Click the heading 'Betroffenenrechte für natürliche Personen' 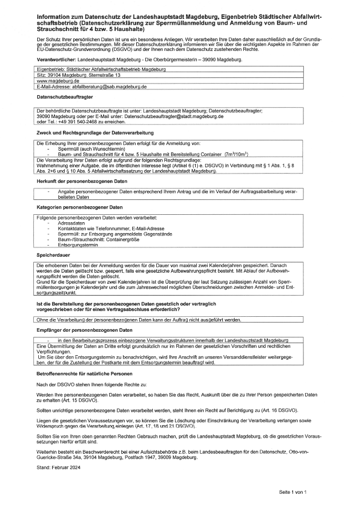coord(81,374)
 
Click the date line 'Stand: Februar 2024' coord(58,467)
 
